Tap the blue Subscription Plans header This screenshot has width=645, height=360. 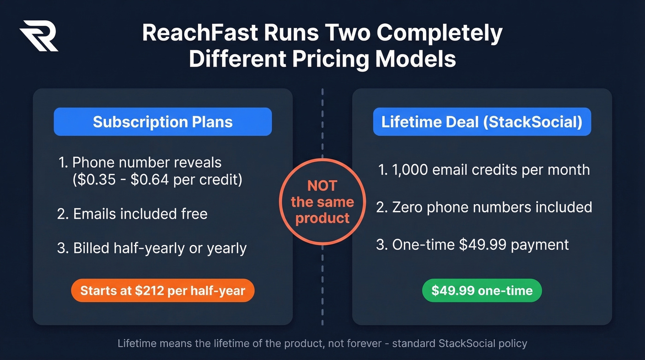163,122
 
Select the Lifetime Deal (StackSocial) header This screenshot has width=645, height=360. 481,122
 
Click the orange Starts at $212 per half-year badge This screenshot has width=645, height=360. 163,290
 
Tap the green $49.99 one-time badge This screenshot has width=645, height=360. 482,290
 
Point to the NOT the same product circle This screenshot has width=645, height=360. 322,202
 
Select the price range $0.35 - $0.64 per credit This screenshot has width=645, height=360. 157,179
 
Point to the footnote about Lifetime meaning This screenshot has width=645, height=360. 322,343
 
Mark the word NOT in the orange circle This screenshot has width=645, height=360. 322,186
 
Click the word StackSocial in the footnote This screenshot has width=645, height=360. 468,343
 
